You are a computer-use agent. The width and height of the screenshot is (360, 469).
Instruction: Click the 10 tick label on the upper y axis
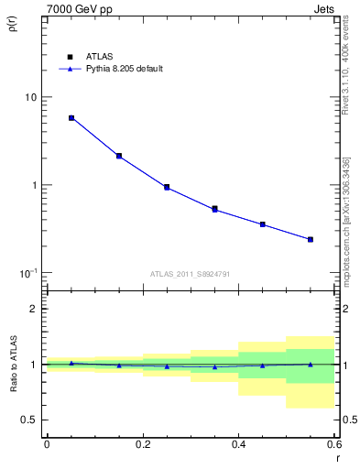coord(30,97)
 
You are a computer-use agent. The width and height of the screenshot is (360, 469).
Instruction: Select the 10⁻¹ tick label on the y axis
coord(27,273)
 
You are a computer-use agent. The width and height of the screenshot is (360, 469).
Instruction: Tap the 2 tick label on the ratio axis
coord(33,309)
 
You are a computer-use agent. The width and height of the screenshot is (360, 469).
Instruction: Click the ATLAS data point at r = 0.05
coord(71,118)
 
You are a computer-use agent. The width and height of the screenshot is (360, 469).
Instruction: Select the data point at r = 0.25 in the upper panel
coord(167,187)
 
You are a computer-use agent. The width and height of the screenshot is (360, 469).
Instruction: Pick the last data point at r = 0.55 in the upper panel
coord(311,239)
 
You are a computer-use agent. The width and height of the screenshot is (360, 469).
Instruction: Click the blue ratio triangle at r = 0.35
coord(214,366)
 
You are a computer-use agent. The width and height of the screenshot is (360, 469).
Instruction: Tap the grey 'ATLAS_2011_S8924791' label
coord(190,273)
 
